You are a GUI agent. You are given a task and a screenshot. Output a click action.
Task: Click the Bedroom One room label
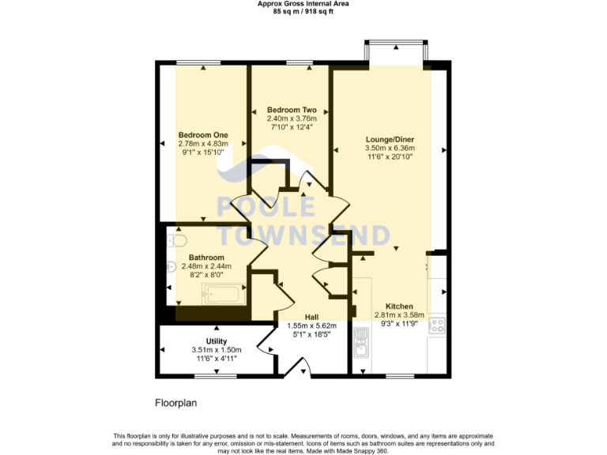click(x=203, y=134)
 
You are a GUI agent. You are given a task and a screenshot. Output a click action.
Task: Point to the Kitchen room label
click(x=399, y=306)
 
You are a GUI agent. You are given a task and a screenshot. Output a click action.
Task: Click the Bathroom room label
click(x=206, y=258)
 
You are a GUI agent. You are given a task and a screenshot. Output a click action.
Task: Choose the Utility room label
click(x=217, y=341)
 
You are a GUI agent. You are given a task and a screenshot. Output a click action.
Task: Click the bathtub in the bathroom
click(x=224, y=295)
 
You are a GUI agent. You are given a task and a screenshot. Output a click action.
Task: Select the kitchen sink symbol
click(x=362, y=343)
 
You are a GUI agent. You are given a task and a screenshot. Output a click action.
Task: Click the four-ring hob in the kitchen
click(x=437, y=325)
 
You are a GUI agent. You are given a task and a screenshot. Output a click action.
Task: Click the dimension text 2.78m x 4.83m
click(x=203, y=144)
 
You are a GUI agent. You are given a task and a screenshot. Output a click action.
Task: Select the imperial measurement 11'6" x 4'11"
click(x=217, y=359)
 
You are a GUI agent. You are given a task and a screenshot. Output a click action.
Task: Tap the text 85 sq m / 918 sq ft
click(x=303, y=12)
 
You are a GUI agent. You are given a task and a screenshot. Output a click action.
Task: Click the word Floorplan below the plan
click(x=175, y=403)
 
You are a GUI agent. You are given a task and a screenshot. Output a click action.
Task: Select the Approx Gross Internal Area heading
click(x=303, y=4)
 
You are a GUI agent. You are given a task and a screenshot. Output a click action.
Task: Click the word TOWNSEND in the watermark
click(x=303, y=235)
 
